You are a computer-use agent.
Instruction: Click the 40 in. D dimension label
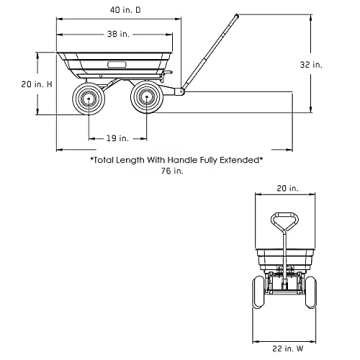tap(125, 10)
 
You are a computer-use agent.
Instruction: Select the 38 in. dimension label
tap(118, 34)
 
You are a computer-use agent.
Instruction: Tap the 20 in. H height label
tap(37, 84)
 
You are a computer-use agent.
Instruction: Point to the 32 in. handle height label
tap(311, 65)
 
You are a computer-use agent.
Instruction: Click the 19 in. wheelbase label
tap(117, 138)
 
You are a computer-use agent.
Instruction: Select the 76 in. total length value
tap(172, 171)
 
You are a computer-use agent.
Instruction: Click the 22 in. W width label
tap(287, 349)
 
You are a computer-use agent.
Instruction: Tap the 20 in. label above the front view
tap(287, 188)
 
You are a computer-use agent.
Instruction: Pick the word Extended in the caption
tap(241, 160)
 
